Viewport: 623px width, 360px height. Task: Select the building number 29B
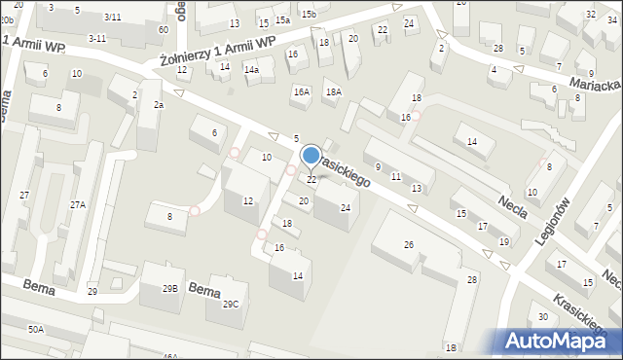click(x=170, y=289)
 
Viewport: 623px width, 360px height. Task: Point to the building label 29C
click(x=230, y=304)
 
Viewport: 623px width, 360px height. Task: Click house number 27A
click(x=77, y=204)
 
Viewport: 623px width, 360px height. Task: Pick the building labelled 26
click(x=409, y=244)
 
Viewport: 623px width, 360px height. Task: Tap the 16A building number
click(x=302, y=91)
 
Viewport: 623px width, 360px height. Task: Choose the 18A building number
click(x=334, y=91)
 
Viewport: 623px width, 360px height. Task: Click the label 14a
click(x=250, y=70)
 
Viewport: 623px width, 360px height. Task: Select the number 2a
click(x=158, y=104)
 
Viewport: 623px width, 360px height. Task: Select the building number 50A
click(x=35, y=330)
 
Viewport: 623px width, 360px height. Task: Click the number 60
click(x=164, y=29)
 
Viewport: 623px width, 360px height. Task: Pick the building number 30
click(x=542, y=319)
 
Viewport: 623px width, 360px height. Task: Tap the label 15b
click(x=308, y=14)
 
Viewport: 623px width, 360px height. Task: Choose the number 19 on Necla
click(x=503, y=241)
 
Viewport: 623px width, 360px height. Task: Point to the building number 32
click(x=590, y=14)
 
